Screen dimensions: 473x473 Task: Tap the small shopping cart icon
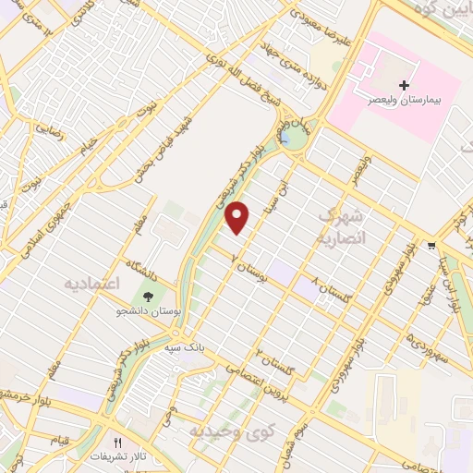click(431, 246)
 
